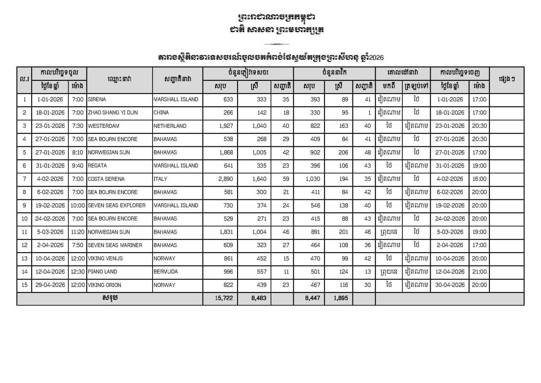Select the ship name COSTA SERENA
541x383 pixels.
[x=106, y=179]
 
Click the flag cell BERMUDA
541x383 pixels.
[x=166, y=272]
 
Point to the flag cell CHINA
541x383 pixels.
[x=161, y=113]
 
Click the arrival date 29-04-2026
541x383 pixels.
[x=51, y=285]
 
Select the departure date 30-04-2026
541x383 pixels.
[x=450, y=285]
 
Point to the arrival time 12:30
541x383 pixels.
[x=78, y=272]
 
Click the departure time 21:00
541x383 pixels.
[x=479, y=272]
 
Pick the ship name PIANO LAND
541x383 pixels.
[x=102, y=272]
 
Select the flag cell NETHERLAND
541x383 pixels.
[x=170, y=126]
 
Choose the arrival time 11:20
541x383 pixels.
[x=78, y=232]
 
